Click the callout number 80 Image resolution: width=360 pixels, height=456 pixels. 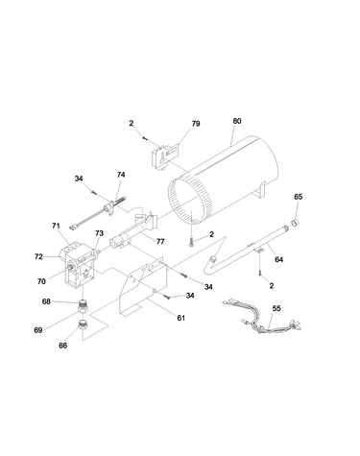point(237,121)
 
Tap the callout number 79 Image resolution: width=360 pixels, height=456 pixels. point(196,124)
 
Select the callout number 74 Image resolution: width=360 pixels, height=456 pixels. point(121,175)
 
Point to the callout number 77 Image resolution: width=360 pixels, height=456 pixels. point(160,241)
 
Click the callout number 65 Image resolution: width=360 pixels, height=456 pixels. point(298,197)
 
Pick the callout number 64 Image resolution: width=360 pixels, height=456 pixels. point(279,259)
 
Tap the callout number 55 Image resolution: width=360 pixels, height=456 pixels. point(276,308)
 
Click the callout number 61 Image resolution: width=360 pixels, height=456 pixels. point(181,318)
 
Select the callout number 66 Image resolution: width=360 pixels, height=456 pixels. point(63,346)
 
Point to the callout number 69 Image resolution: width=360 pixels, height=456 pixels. point(38,330)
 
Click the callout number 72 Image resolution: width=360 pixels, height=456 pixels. point(38,256)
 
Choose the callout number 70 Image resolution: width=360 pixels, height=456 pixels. point(41,281)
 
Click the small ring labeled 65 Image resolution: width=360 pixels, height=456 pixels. point(295,223)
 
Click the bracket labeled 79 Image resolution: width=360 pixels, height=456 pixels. point(163,156)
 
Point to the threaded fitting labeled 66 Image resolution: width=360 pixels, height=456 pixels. point(84,324)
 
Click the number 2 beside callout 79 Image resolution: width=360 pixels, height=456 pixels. point(132,123)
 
